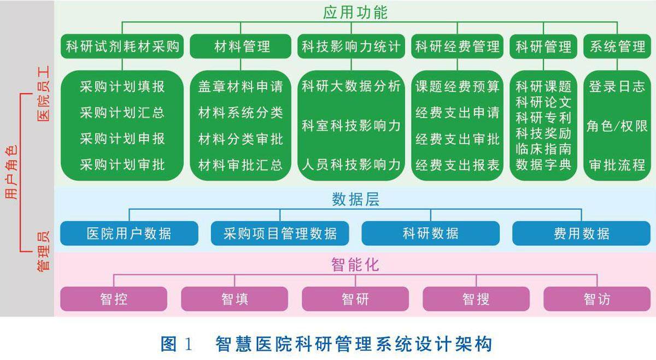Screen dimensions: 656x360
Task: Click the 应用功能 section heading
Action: coord(355,12)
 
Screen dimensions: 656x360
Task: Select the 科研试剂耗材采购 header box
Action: coord(122,46)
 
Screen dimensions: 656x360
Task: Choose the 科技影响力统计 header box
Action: coord(351,46)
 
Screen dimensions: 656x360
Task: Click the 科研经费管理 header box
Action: coord(457,46)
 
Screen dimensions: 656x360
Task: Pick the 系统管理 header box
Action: coord(617,46)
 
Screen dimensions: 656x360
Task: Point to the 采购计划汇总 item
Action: coord(122,113)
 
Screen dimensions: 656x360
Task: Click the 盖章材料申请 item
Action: coord(241,87)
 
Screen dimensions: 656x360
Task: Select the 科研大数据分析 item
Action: coord(351,86)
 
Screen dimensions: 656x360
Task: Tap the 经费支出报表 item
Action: coord(457,164)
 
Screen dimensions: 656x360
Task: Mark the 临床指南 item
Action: coord(543,149)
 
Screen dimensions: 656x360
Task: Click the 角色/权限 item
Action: coord(617,126)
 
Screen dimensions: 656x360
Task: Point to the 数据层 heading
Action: coord(355,200)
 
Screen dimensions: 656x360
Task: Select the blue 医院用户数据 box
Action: coord(129,234)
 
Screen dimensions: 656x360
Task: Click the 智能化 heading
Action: coord(355,265)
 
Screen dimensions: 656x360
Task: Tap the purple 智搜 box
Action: coord(476,299)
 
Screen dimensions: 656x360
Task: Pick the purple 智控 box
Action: coord(114,299)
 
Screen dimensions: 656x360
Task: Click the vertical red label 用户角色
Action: coord(11,173)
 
